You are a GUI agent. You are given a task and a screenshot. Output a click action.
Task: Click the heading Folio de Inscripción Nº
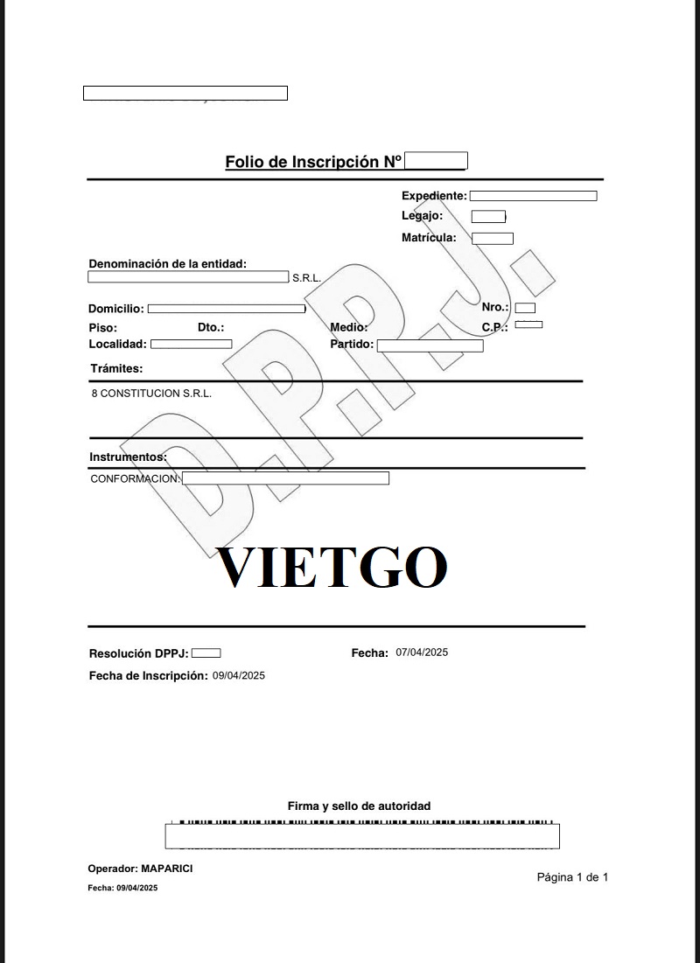click(313, 162)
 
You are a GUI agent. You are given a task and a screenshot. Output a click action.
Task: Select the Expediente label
click(434, 196)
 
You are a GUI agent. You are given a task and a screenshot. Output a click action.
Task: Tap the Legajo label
click(422, 215)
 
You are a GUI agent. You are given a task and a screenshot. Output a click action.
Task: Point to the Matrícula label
click(429, 237)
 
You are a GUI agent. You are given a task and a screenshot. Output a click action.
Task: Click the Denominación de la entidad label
click(168, 263)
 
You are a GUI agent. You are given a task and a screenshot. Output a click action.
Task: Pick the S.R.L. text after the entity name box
click(307, 278)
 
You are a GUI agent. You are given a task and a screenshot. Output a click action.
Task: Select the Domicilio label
click(116, 309)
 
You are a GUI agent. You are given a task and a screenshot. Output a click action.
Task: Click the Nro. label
click(495, 307)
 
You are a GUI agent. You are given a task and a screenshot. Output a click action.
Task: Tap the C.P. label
click(495, 327)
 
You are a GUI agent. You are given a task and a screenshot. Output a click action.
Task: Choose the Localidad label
click(118, 345)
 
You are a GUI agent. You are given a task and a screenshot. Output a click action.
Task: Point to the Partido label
click(352, 345)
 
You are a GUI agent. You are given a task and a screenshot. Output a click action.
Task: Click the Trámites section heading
click(116, 369)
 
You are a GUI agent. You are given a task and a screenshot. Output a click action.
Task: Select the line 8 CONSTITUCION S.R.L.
click(151, 394)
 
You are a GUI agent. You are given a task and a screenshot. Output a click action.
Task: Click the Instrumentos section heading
click(128, 457)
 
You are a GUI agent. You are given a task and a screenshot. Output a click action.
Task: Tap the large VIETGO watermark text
click(332, 567)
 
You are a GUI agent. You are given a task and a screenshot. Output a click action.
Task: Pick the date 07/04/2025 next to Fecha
click(422, 652)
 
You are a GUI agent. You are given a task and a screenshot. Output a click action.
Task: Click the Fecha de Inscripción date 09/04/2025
click(239, 675)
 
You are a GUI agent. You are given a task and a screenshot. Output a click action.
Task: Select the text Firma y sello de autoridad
click(359, 806)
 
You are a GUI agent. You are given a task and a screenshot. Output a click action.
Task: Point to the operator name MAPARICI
click(167, 868)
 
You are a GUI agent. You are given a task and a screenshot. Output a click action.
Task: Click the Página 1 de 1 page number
click(572, 877)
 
